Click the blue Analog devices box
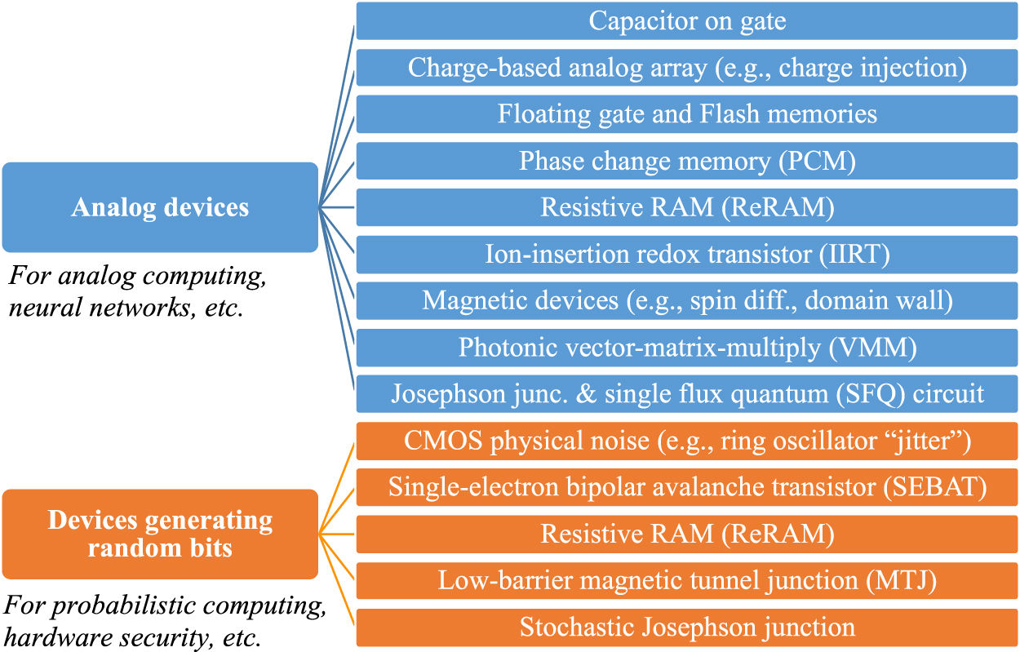tap(160, 207)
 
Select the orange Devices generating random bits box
tap(160, 534)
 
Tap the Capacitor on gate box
tap(687, 21)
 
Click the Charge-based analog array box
tap(687, 68)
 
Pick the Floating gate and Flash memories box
tap(687, 114)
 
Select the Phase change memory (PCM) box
tap(687, 161)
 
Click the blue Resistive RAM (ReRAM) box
tap(687, 207)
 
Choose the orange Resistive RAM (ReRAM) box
tap(687, 534)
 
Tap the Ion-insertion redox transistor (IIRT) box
tap(687, 255)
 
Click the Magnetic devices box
tap(687, 301)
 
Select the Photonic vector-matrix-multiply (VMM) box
tap(687, 348)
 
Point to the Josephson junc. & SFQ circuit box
tap(687, 394)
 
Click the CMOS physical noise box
tap(687, 441)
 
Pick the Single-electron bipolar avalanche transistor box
tap(687, 488)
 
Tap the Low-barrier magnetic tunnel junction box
tap(687, 581)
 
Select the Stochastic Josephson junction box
tap(687, 628)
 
